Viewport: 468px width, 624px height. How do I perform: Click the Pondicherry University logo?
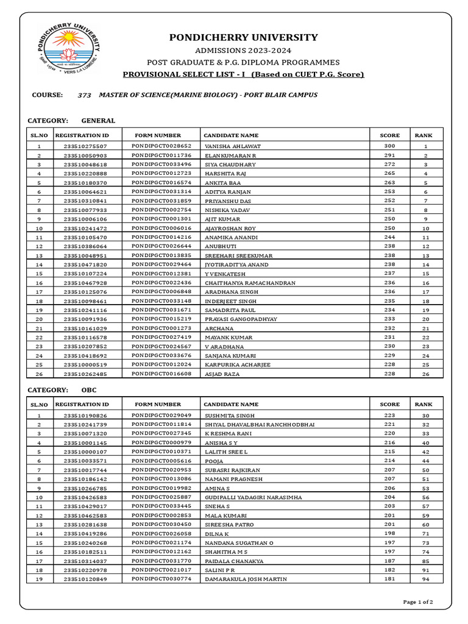pyautogui.click(x=69, y=50)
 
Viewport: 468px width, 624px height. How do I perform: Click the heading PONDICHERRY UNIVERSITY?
pyautogui.click(x=243, y=37)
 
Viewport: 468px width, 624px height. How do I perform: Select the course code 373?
pyautogui.click(x=85, y=95)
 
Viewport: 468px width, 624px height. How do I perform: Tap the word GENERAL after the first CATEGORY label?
pyautogui.click(x=98, y=121)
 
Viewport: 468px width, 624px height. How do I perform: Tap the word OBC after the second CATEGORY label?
pyautogui.click(x=89, y=390)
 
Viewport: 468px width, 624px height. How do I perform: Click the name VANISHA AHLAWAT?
pyautogui.click(x=233, y=147)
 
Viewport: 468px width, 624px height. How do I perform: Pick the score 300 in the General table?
pyautogui.click(x=389, y=146)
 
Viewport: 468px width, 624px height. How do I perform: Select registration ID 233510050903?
pyautogui.click(x=85, y=156)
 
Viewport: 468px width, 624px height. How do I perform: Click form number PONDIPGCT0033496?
pyautogui.click(x=161, y=165)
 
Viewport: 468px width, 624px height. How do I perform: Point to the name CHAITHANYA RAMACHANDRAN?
pyautogui.click(x=250, y=283)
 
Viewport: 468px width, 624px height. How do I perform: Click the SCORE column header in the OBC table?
pyautogui.click(x=389, y=404)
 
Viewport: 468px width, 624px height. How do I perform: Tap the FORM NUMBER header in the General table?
pyautogui.click(x=158, y=135)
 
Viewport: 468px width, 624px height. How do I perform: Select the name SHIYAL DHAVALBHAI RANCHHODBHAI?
pyautogui.click(x=260, y=425)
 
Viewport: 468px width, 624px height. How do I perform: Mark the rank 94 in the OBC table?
pyautogui.click(x=425, y=579)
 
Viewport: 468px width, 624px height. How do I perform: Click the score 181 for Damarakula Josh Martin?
pyautogui.click(x=389, y=579)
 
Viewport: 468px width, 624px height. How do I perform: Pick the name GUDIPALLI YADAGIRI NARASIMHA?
pyautogui.click(x=253, y=498)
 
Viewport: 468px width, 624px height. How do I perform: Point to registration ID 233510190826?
pyautogui.click(x=85, y=416)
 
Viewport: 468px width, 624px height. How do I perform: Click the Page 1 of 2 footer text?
pyautogui.click(x=418, y=602)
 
